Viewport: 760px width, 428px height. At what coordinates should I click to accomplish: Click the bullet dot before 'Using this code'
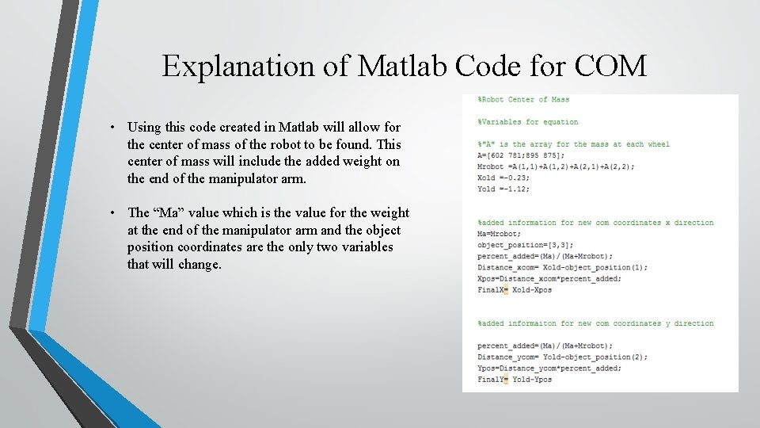[115, 128]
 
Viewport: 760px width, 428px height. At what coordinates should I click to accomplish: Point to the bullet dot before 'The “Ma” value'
[115, 213]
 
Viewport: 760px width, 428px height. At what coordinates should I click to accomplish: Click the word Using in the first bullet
[143, 127]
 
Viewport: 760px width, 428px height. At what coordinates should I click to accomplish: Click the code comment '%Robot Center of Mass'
[523, 99]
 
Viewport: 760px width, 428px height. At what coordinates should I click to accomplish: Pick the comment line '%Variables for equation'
[527, 122]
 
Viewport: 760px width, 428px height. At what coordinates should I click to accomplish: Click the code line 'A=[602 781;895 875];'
[522, 155]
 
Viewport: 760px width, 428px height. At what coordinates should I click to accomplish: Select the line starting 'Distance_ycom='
[562, 357]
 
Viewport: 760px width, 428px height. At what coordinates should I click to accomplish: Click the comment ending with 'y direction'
[595, 323]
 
